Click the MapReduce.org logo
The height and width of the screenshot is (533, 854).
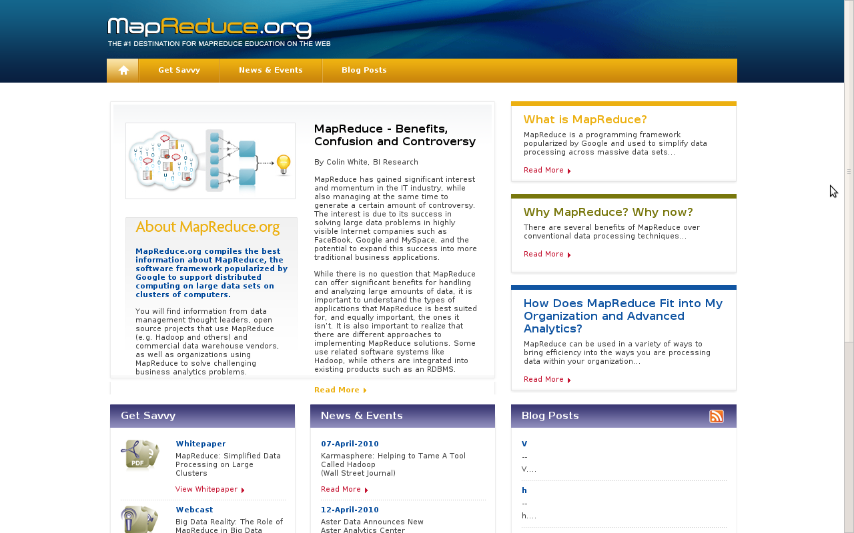[209, 28]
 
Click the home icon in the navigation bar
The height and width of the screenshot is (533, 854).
[123, 70]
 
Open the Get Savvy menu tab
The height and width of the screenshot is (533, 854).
[179, 70]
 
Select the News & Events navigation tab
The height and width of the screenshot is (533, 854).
[270, 70]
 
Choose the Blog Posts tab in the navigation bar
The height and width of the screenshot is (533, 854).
[364, 70]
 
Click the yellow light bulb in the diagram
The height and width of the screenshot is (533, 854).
[284, 164]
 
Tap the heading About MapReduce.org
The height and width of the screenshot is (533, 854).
[207, 227]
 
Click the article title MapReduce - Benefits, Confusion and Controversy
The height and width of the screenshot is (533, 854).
[394, 135]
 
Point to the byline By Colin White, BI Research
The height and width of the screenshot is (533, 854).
[366, 162]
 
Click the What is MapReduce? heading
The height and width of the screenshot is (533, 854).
[584, 120]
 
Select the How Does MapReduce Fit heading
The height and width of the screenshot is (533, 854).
[622, 316]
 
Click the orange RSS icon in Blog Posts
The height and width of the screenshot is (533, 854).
[716, 416]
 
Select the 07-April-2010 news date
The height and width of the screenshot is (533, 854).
[350, 444]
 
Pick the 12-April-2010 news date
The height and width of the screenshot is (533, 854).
[350, 510]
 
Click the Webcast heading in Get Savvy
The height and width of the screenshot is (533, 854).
[194, 510]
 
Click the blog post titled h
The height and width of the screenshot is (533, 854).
[524, 490]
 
